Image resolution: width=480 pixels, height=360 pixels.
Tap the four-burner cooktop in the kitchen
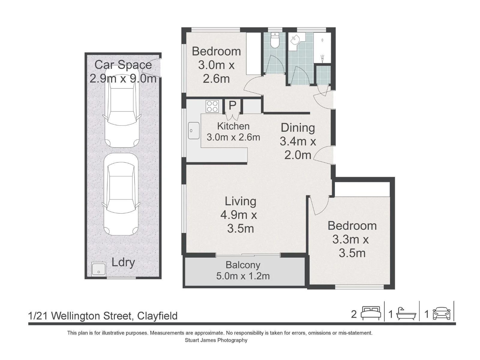212,106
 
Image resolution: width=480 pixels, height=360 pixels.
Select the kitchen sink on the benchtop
194,130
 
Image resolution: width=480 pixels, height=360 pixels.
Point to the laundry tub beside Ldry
99,269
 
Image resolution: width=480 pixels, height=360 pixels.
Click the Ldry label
123,262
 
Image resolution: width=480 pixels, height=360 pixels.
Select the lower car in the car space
121,194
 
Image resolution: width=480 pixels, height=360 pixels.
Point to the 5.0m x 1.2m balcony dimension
243,276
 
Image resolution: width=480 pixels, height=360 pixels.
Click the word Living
241,202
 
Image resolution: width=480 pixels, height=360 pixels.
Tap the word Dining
298,128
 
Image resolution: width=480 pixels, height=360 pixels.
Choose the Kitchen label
233,126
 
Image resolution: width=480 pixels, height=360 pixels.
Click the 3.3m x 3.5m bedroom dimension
351,246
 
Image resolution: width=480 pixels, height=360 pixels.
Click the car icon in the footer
442,314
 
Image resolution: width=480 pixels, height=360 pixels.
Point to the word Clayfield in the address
157,316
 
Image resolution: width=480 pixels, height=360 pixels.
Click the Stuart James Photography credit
216,340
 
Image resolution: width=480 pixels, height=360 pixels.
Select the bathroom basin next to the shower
295,40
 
